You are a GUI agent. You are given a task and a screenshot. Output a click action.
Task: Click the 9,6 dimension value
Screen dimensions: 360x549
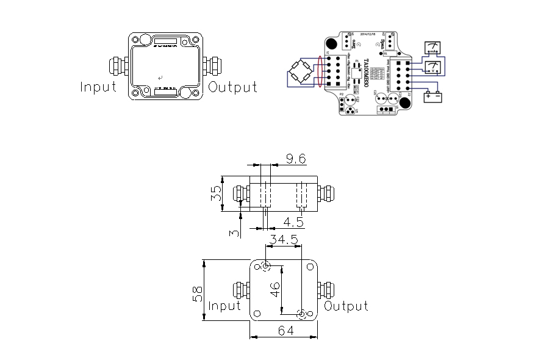(296, 159)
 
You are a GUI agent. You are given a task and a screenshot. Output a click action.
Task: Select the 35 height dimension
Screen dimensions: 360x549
(215, 194)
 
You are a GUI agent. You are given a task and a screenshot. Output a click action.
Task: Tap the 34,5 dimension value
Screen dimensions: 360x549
(284, 240)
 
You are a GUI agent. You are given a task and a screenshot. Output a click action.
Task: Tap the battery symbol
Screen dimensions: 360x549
(434, 96)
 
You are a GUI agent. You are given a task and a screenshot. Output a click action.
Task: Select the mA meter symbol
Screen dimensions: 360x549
(434, 48)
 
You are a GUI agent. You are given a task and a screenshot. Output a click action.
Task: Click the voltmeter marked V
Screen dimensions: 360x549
(433, 67)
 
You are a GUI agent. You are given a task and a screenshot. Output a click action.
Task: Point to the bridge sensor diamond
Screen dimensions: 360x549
(301, 73)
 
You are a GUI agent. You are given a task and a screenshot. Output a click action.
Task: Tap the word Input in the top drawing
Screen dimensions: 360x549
(98, 87)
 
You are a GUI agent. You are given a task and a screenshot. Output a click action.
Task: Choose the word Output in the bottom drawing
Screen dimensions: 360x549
(346, 306)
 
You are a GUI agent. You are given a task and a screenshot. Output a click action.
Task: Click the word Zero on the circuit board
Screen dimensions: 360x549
(355, 41)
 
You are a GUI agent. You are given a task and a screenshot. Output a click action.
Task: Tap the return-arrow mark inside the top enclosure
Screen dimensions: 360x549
(160, 78)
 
